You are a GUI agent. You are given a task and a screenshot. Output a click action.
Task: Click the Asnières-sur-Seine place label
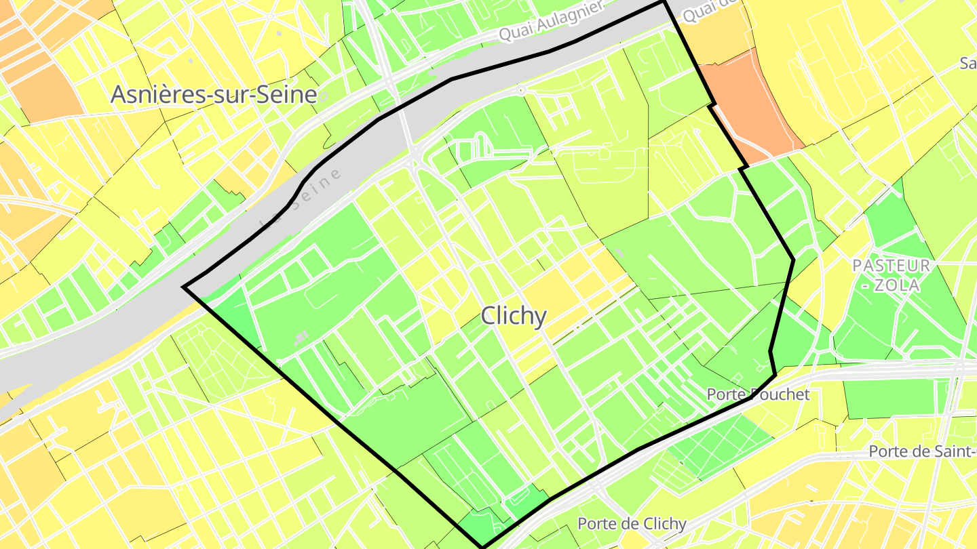tap(213, 95)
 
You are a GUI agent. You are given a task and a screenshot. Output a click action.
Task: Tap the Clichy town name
tap(513, 316)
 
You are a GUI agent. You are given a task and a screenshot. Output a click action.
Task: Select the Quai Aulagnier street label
tap(551, 21)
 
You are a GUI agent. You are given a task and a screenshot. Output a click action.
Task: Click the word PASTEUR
tap(892, 266)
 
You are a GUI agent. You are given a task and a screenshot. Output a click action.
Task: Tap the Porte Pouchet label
tap(758, 394)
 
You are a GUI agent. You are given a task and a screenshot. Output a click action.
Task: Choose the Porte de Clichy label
tap(632, 523)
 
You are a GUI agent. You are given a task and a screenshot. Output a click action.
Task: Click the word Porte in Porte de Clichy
tap(595, 523)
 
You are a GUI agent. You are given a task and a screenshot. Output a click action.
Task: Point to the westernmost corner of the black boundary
tap(184, 287)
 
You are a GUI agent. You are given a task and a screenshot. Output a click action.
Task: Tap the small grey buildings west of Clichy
tap(300, 338)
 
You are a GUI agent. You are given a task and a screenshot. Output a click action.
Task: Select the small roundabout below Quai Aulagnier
tap(520, 89)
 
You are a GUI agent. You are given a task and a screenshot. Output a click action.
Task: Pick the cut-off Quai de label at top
tap(709, 9)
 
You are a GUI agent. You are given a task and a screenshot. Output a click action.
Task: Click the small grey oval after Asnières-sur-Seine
tap(324, 97)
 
